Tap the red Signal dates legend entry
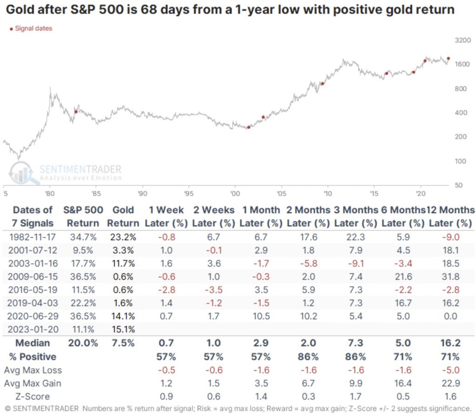click(x=31, y=29)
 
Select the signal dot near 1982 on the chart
click(x=76, y=112)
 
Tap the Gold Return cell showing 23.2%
click(x=123, y=237)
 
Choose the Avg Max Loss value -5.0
click(x=451, y=370)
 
